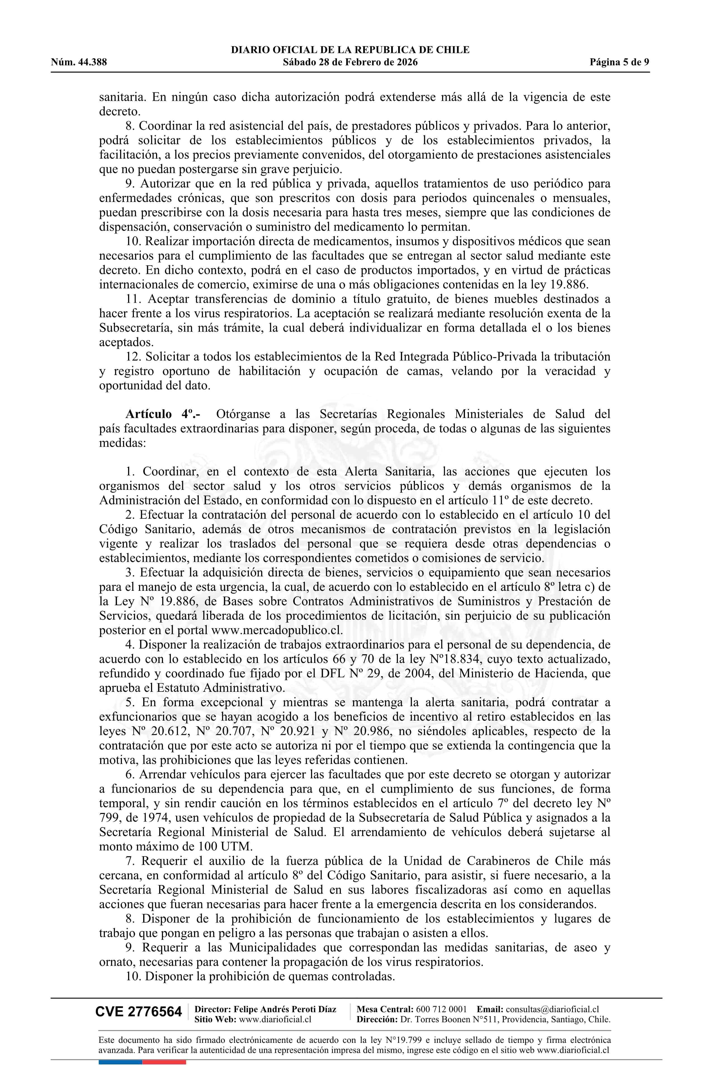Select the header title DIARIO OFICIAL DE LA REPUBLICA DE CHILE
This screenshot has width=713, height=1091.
point(350,50)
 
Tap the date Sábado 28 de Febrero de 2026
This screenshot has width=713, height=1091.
point(350,62)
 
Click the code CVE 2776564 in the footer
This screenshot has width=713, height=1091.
point(138,1024)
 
